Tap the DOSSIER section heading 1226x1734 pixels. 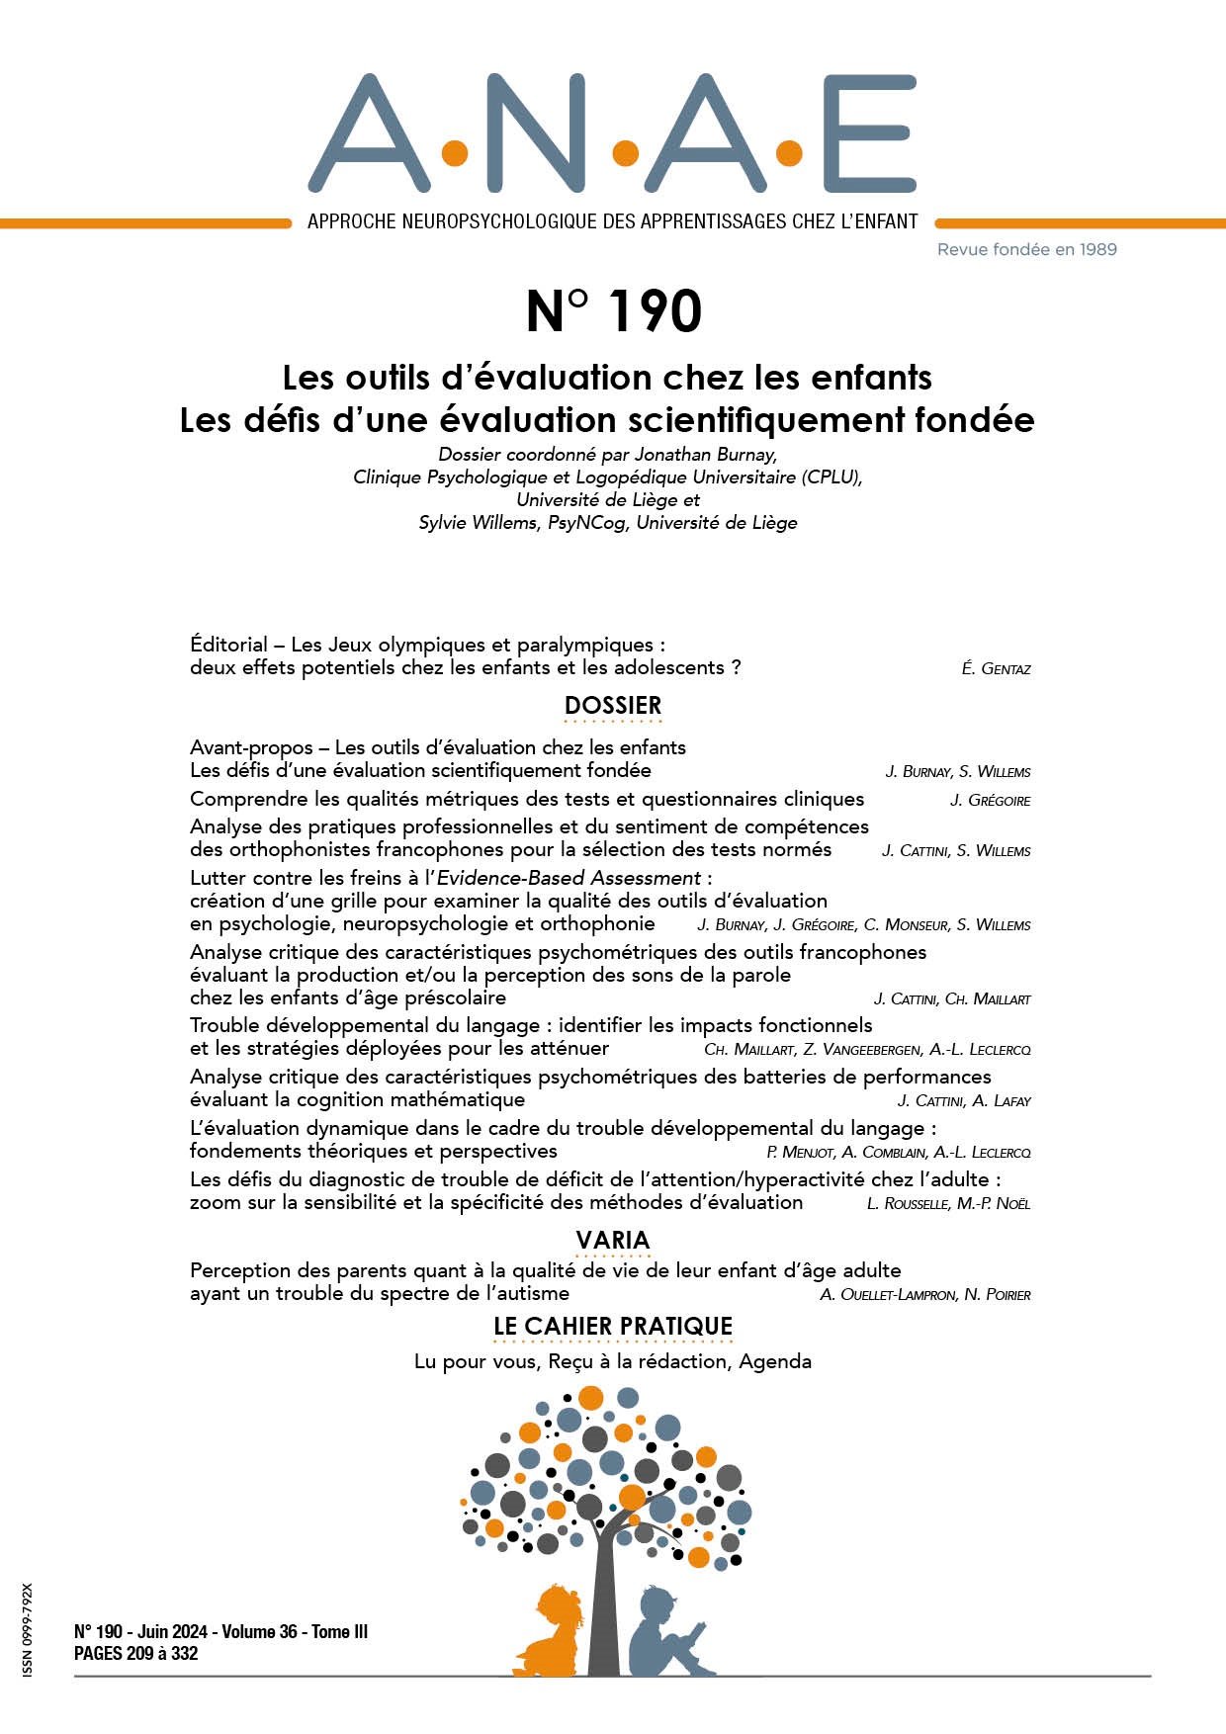pyautogui.click(x=613, y=706)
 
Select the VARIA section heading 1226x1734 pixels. pyautogui.click(x=613, y=1240)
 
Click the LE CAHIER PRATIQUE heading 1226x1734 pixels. pyautogui.click(x=613, y=1326)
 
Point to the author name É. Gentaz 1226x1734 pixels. pyautogui.click(x=996, y=669)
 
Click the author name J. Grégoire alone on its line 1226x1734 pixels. pyautogui.click(x=990, y=800)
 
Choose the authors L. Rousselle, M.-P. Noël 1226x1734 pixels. pyautogui.click(x=948, y=1203)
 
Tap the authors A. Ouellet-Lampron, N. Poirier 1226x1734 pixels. pyautogui.click(x=924, y=1294)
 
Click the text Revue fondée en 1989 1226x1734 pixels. pyautogui.click(x=1026, y=249)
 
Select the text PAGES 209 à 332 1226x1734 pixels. pyautogui.click(x=136, y=1653)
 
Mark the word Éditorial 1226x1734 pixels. pyautogui.click(x=228, y=645)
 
